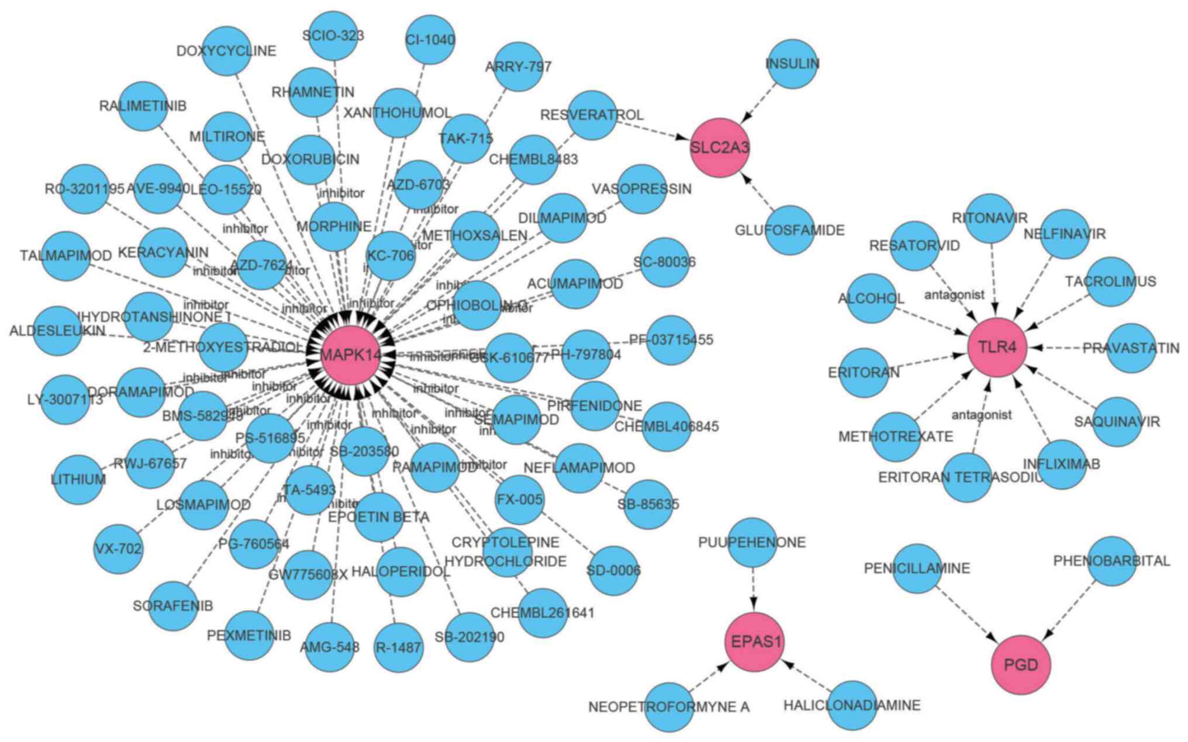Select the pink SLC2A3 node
(720, 148)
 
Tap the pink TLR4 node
(997, 348)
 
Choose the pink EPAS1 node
(756, 642)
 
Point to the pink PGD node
(1021, 665)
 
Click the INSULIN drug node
(793, 64)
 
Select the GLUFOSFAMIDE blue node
(790, 230)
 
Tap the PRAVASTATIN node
(1131, 348)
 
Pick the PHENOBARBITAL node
(1111, 561)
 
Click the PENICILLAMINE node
(917, 568)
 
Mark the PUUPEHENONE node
(752, 542)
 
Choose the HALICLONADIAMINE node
(852, 705)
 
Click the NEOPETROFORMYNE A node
(669, 707)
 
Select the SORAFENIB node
(173, 606)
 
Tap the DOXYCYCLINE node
(227, 51)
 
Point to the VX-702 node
(118, 549)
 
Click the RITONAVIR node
(990, 219)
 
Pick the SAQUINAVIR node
(1117, 421)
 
